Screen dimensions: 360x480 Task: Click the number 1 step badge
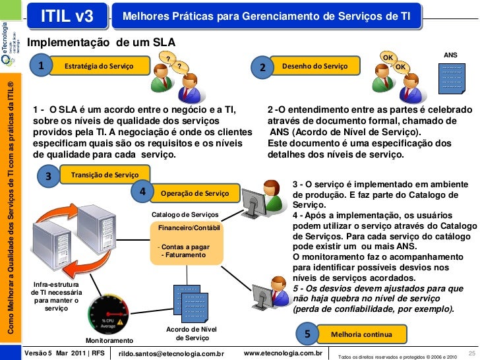pos(42,66)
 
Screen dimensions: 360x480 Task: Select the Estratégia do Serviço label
pos(98,66)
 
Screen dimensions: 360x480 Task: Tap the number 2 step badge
pos(262,67)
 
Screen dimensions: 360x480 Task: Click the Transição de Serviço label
pos(109,175)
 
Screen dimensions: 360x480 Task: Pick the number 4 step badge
pos(142,192)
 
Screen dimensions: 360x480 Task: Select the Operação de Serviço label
pos(195,193)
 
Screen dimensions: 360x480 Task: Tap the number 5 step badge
pos(307,334)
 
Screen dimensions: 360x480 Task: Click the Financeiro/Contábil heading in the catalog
pos(189,227)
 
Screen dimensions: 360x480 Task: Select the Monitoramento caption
pos(109,341)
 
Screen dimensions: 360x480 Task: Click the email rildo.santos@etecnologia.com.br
pos(172,354)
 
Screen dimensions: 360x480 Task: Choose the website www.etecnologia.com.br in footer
pos(282,353)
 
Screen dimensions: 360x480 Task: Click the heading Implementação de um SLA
pos(101,42)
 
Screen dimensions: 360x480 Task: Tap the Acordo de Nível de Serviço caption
pos(191,334)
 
